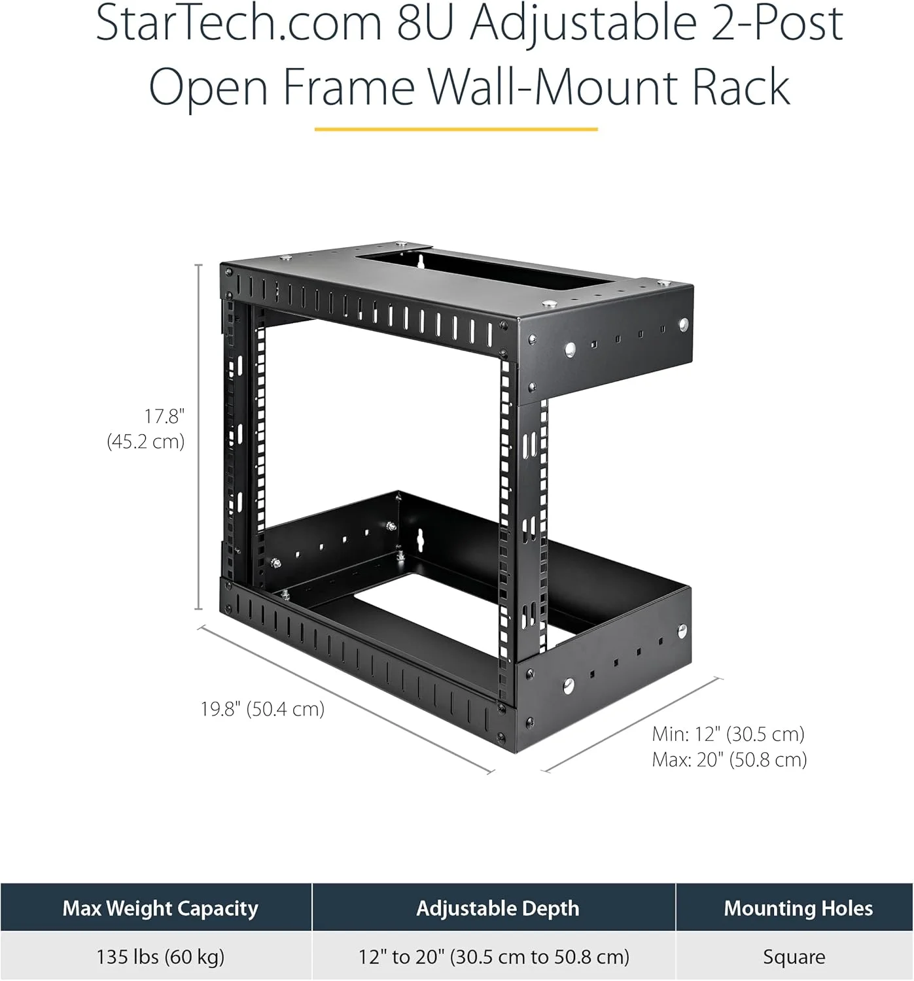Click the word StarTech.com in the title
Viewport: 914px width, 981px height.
[x=239, y=23]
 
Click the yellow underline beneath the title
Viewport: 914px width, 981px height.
[x=456, y=129]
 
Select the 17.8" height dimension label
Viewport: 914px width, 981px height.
[x=164, y=417]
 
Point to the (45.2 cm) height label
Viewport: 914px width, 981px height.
[x=146, y=441]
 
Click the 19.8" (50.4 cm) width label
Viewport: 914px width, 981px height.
[x=262, y=709]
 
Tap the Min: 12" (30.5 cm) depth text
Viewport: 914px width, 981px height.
[x=728, y=734]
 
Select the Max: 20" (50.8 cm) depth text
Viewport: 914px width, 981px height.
[x=729, y=760]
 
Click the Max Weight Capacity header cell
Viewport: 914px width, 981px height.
[x=156, y=907]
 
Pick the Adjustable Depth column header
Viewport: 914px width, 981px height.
[x=494, y=907]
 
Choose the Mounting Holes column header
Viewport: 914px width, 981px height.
[x=794, y=907]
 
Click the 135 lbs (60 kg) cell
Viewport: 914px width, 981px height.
[x=160, y=957]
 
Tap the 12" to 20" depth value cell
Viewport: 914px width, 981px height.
[x=494, y=957]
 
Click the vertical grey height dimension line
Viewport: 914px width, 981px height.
[x=199, y=437]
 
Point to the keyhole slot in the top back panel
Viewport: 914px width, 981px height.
[x=421, y=261]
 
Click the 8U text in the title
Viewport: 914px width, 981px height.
[x=426, y=23]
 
